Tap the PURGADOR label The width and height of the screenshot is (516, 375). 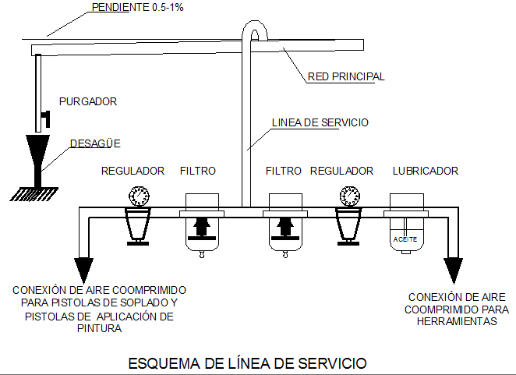[x=87, y=101]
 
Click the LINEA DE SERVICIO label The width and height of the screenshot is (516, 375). [x=320, y=122]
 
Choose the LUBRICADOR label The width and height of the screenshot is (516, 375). [x=425, y=171]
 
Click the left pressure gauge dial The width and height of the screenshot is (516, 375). [x=140, y=196]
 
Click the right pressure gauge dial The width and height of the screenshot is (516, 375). [x=348, y=196]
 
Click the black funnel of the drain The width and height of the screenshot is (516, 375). [x=36, y=152]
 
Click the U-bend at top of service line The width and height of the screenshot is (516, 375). [x=254, y=30]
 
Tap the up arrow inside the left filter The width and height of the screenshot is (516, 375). [x=200, y=228]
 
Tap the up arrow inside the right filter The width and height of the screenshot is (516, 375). [x=285, y=228]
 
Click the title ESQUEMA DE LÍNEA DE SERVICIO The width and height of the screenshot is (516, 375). [x=246, y=363]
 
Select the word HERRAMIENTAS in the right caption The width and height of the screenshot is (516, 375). [x=452, y=320]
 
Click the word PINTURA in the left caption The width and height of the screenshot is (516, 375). [x=99, y=329]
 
